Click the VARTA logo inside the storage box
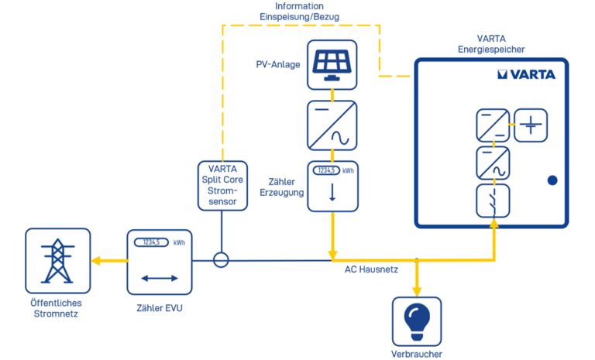526,75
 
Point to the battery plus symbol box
531,124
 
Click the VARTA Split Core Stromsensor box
222,185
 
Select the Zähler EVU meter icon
160,261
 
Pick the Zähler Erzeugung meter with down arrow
332,187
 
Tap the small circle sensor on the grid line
222,260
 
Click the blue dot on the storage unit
552,180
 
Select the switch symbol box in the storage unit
493,200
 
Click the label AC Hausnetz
371,269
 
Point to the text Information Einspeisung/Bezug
299,11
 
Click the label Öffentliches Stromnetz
56,308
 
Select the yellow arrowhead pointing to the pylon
96,260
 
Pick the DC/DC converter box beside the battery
493,125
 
